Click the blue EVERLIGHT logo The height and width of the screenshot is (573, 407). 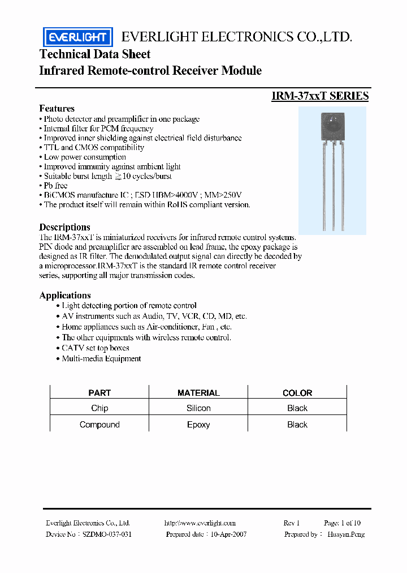78,37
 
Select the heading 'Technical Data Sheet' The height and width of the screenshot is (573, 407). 95,54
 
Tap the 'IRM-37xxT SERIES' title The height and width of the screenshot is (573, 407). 320,96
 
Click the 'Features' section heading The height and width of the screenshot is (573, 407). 57,108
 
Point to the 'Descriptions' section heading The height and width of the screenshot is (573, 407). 64,227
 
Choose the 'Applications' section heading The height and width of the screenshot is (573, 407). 65,295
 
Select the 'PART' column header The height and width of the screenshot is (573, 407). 99,392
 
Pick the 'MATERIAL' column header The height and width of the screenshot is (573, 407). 198,392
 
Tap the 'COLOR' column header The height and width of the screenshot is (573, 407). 297,392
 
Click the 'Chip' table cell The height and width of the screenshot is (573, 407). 99,408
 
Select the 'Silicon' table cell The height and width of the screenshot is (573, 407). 198,408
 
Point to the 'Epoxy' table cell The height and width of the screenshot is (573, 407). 198,425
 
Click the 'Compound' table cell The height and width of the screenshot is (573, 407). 99,425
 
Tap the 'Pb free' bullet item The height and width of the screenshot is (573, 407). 55,185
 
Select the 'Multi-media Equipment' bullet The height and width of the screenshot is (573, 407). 101,358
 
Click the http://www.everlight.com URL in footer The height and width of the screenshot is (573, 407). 200,523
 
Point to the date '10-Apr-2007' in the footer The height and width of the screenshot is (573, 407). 229,534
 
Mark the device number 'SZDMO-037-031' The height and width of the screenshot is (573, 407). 107,534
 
